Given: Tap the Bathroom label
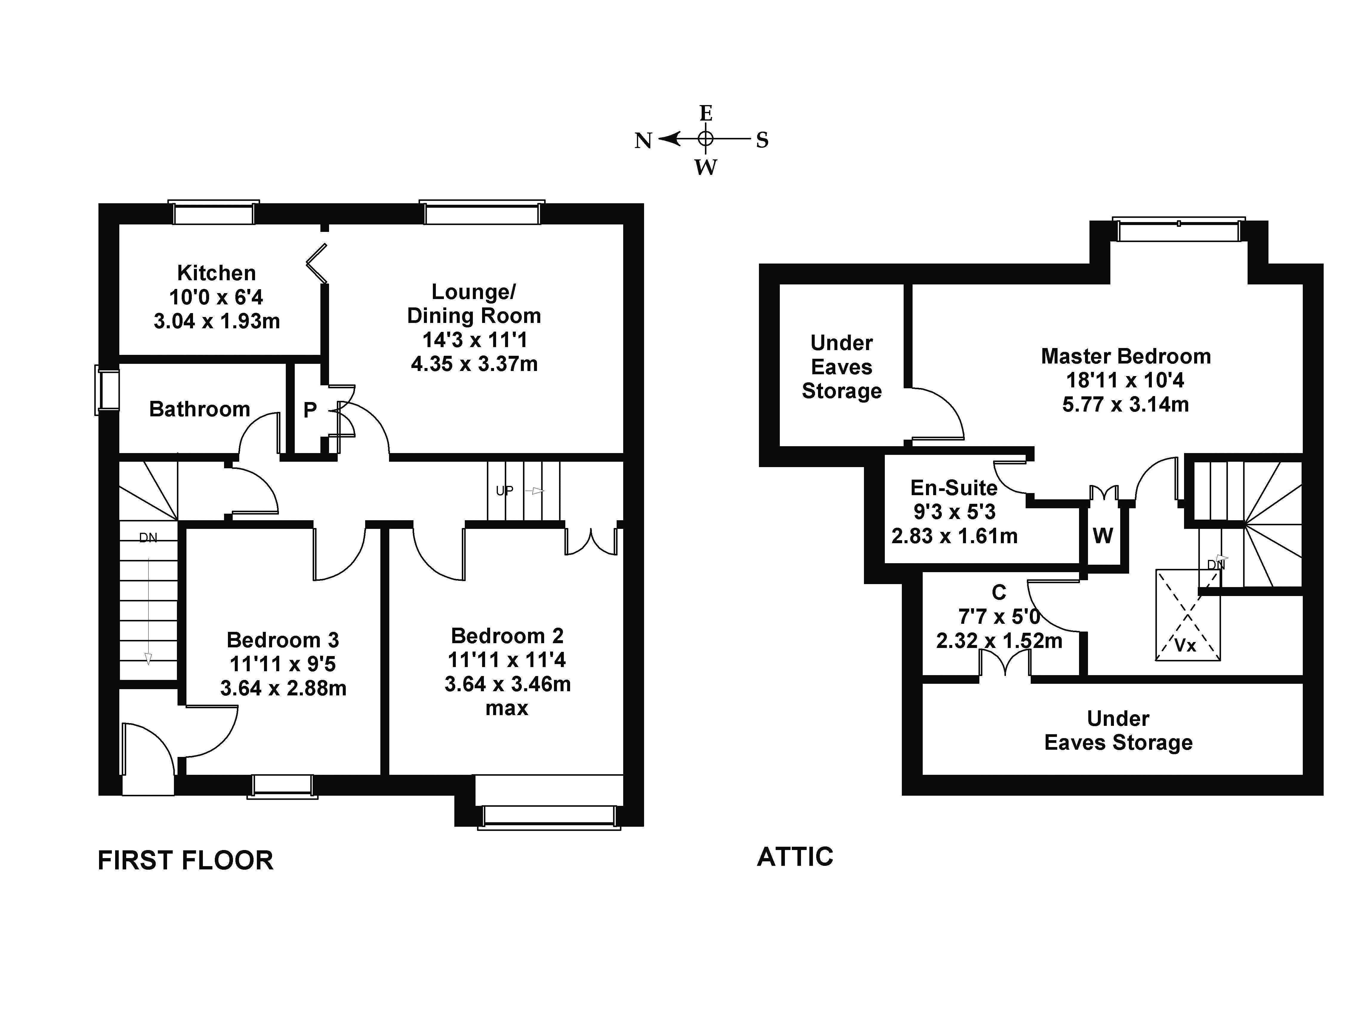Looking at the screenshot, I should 199,409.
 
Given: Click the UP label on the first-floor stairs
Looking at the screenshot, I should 504,491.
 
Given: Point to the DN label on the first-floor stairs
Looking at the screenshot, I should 148,538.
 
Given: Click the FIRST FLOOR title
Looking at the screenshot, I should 185,860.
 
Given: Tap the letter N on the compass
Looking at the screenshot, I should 643,141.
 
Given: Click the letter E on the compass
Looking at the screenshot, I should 706,113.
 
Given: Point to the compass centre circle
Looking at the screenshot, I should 706,139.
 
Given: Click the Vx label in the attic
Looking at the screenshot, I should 1185,646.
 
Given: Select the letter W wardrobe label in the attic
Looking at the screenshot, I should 1103,535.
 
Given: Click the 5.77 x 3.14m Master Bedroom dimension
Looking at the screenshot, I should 1125,404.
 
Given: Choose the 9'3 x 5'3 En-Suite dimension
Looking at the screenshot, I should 954,512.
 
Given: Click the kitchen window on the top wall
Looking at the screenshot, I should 214,214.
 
